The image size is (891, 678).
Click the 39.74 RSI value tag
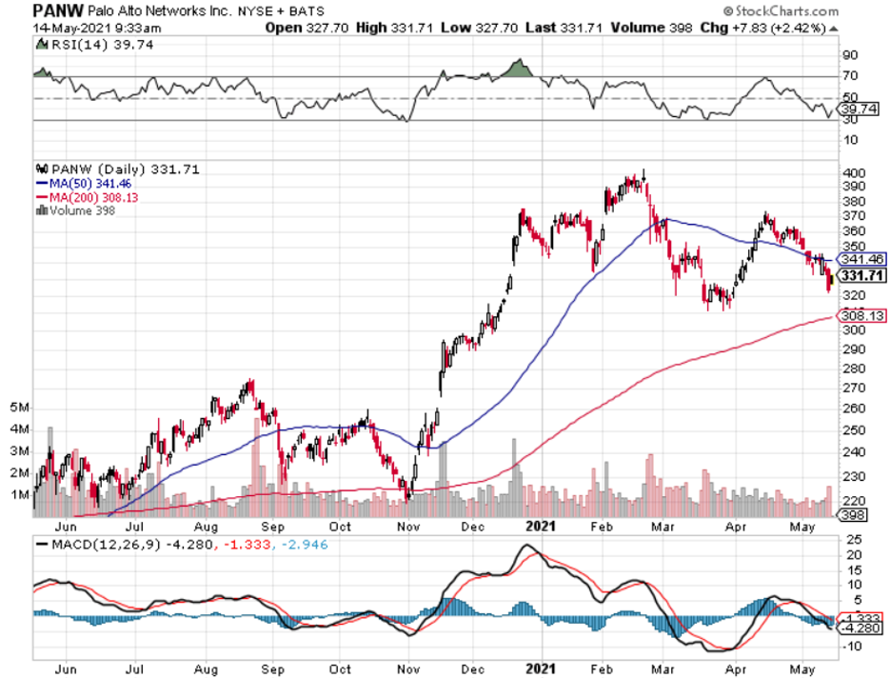859,110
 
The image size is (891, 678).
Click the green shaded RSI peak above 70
516,69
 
